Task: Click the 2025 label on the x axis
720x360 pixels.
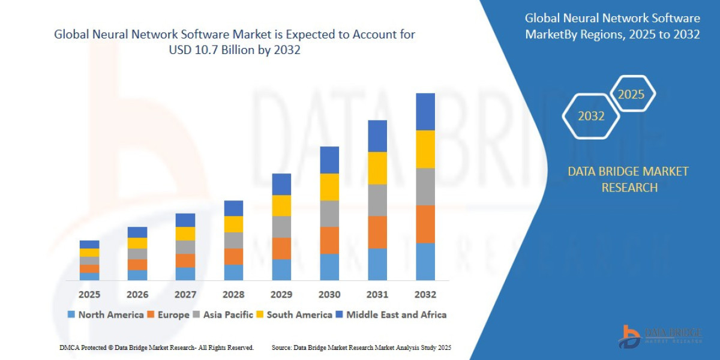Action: click(x=89, y=295)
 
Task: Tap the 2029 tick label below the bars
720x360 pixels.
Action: click(x=281, y=295)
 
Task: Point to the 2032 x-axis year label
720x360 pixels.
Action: click(x=425, y=295)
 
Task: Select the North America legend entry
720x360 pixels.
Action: click(x=106, y=314)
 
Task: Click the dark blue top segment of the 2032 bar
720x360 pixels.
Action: click(x=425, y=112)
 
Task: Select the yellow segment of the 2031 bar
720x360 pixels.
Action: click(x=377, y=168)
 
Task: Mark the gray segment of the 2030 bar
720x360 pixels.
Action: click(x=329, y=214)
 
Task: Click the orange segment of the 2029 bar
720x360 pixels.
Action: click(x=281, y=248)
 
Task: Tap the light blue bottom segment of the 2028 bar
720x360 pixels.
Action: click(x=233, y=272)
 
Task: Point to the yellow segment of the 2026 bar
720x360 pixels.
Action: click(x=137, y=243)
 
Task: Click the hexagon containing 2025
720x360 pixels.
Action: click(x=631, y=94)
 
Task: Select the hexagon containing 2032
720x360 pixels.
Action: click(x=591, y=116)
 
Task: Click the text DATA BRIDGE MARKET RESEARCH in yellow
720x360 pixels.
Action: click(x=628, y=179)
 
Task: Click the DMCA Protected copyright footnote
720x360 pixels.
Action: click(x=157, y=347)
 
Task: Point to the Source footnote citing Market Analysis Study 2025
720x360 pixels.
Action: click(x=361, y=347)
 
